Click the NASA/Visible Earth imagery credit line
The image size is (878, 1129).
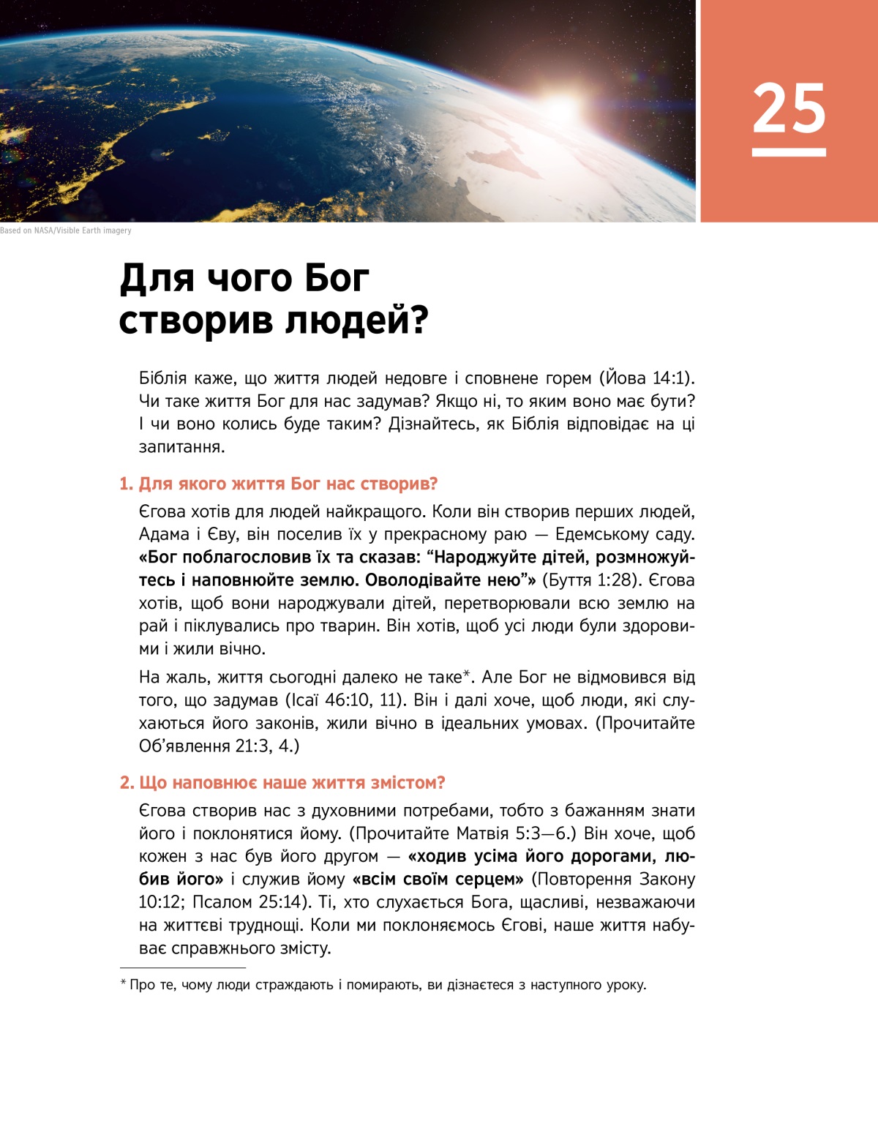tap(66, 230)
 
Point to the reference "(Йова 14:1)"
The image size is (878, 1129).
tap(647, 378)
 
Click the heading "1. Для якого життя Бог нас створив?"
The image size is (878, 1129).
tap(278, 484)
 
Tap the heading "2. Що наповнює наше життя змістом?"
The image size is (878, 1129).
tap(282, 783)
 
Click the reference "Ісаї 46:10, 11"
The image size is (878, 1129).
tap(344, 700)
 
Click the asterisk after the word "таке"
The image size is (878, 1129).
tap(466, 675)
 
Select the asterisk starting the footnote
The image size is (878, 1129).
tap(123, 983)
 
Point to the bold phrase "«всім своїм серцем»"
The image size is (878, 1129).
tap(438, 879)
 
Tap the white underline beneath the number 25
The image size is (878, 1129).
tap(789, 152)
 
